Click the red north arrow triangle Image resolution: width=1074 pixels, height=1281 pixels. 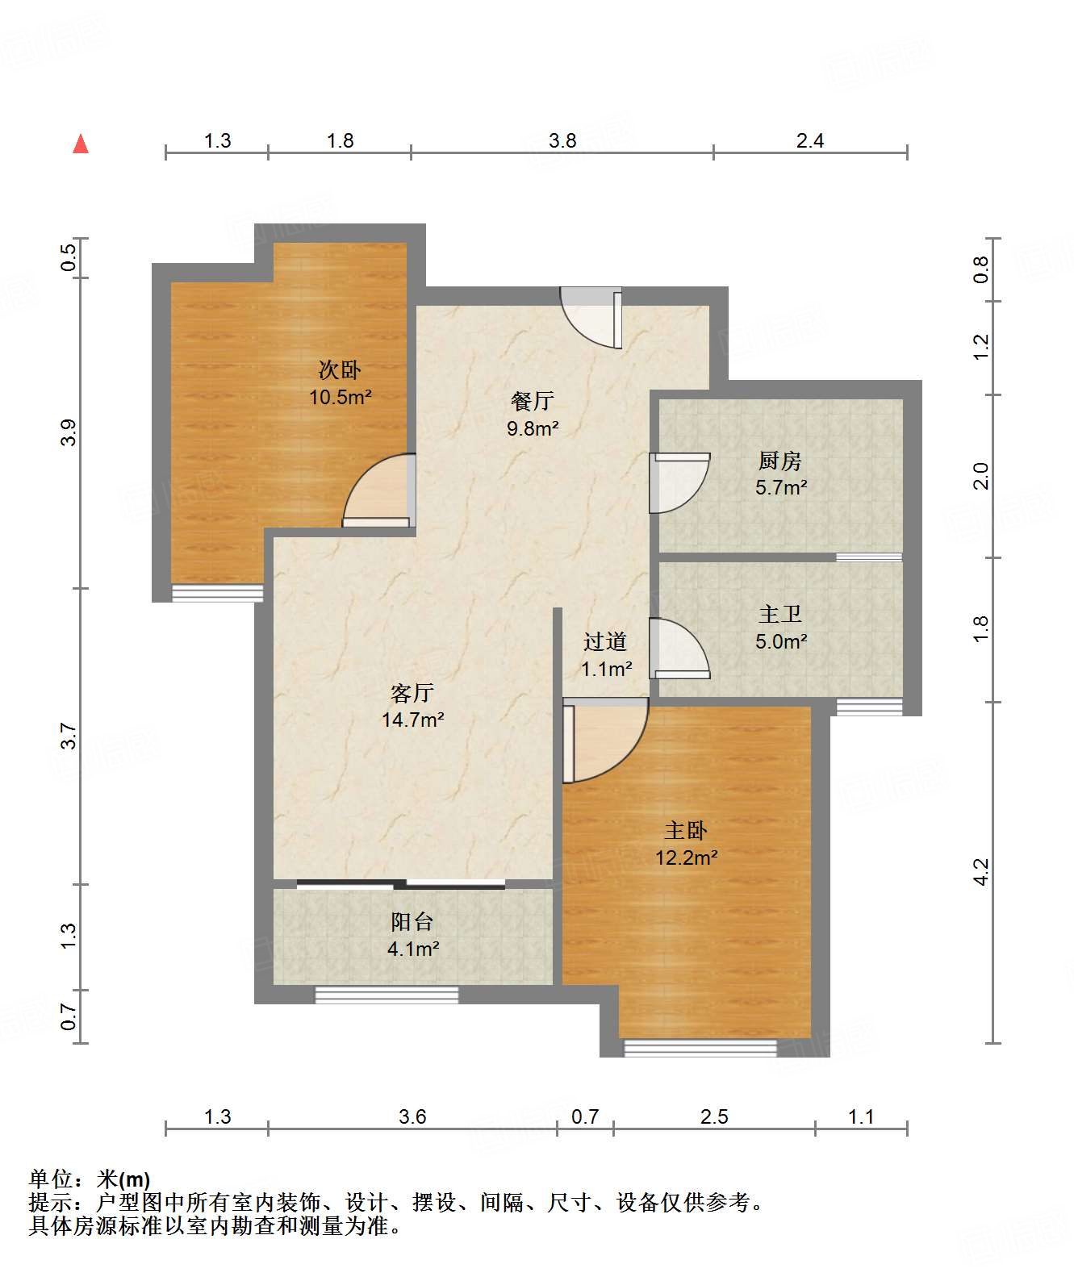point(81,144)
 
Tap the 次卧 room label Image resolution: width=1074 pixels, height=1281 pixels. point(340,370)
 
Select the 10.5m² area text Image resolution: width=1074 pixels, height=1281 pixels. point(340,397)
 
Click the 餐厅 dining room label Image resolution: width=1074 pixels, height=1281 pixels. point(532,401)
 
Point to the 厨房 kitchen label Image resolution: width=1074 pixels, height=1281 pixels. point(780,461)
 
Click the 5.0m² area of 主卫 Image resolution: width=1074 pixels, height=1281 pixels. point(780,641)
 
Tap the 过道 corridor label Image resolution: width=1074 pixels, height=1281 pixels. point(605,641)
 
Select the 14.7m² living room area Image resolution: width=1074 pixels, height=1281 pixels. point(412,720)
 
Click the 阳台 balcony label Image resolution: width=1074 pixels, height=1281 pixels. point(412,922)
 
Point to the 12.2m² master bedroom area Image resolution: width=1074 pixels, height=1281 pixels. point(686,857)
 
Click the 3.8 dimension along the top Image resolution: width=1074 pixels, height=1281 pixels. point(562,141)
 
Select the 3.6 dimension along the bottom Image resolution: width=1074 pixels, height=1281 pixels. point(412,1116)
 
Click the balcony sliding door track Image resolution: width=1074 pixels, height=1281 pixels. point(401,884)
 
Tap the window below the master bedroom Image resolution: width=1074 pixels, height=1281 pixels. point(700,1048)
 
